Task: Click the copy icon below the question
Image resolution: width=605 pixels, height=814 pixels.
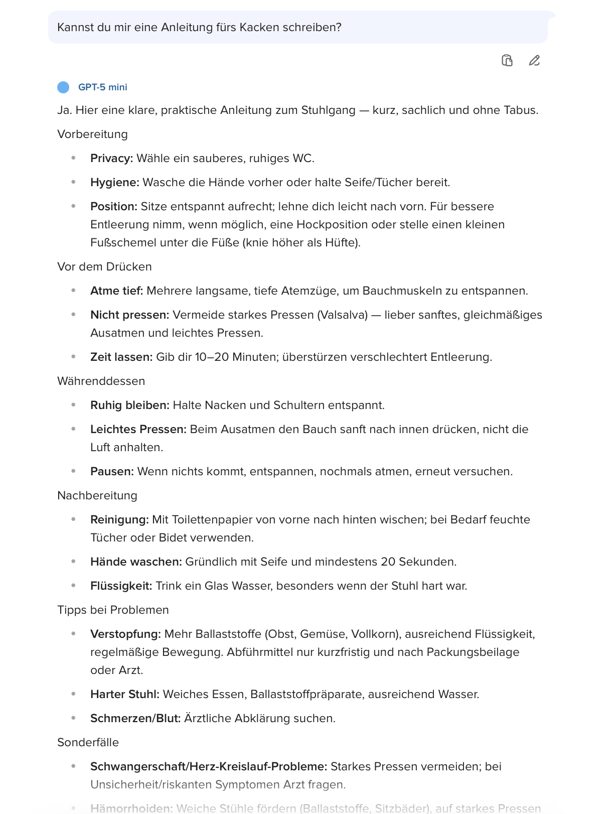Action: tap(507, 61)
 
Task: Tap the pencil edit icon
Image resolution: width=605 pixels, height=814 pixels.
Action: tap(534, 61)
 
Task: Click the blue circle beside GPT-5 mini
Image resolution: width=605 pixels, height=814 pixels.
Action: tap(63, 87)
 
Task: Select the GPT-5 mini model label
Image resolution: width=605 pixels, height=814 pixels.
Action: tap(103, 87)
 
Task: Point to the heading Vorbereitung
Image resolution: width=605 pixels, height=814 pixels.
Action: tap(92, 134)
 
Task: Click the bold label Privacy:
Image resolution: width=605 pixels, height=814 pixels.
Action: tap(111, 159)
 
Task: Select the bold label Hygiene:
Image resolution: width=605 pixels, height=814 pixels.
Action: tap(114, 183)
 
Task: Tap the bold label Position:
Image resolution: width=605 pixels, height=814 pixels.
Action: tap(114, 207)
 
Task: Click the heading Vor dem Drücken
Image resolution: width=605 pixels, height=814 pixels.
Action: tap(104, 267)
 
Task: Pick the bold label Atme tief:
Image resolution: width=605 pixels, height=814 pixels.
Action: tap(116, 291)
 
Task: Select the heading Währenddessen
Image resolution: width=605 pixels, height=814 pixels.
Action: tap(101, 381)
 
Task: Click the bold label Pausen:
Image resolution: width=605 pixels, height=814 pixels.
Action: tap(112, 472)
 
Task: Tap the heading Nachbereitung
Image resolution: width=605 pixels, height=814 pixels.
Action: tap(97, 496)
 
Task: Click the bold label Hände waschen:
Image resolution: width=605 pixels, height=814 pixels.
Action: tap(136, 562)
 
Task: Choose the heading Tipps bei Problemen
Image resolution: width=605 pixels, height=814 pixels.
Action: tap(113, 610)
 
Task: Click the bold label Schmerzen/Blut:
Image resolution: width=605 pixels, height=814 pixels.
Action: tap(135, 719)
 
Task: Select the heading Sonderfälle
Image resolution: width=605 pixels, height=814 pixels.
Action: tap(88, 743)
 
